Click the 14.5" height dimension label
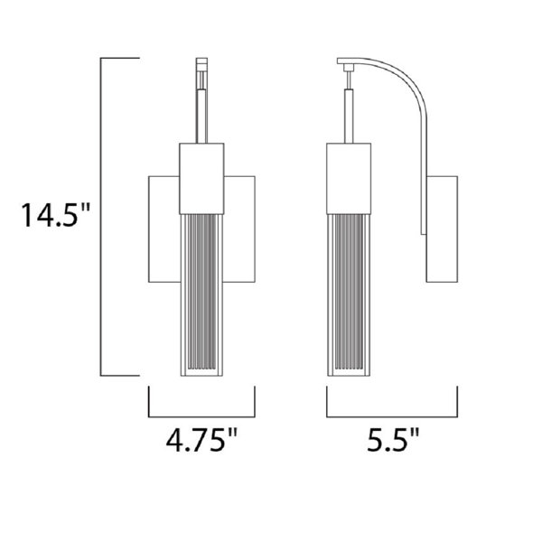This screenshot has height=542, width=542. click(x=56, y=215)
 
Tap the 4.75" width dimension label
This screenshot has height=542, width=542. click(x=201, y=440)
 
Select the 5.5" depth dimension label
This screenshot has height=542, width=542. click(x=393, y=440)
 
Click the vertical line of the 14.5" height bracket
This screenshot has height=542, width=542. click(x=100, y=217)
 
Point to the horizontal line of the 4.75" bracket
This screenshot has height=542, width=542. click(x=201, y=416)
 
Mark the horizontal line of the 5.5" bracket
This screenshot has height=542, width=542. click(x=392, y=416)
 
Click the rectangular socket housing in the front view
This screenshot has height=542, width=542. click(x=201, y=179)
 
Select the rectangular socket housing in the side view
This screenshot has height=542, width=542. click(x=349, y=179)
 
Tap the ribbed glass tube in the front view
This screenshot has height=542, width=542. click(x=201, y=294)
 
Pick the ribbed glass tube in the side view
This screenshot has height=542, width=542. click(x=349, y=294)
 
